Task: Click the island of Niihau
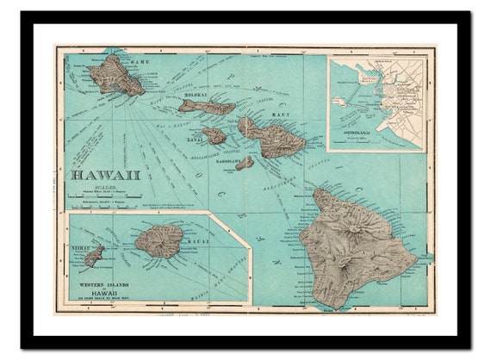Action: tap(94, 256)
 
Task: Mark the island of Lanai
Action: tap(214, 135)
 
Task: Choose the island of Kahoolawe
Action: tap(245, 162)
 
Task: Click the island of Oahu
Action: tap(120, 75)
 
